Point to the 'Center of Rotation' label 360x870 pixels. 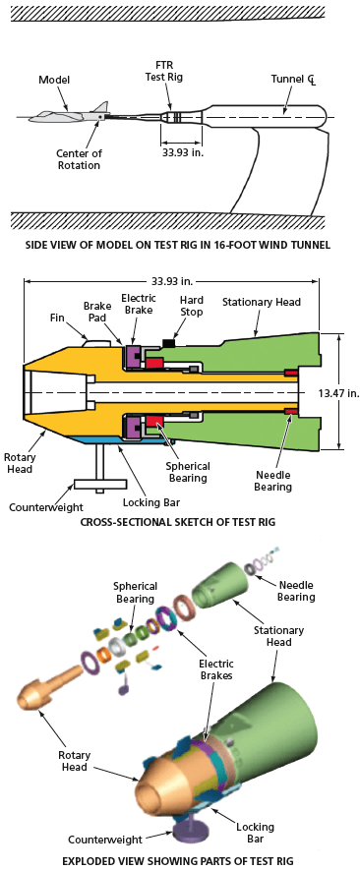[79, 158]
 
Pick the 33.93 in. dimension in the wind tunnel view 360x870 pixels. [182, 152]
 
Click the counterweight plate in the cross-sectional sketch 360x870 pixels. [99, 485]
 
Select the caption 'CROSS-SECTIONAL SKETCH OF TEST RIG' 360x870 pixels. [179, 522]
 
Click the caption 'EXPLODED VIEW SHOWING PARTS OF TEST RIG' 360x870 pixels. [179, 860]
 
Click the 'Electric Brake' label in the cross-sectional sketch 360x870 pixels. [138, 304]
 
